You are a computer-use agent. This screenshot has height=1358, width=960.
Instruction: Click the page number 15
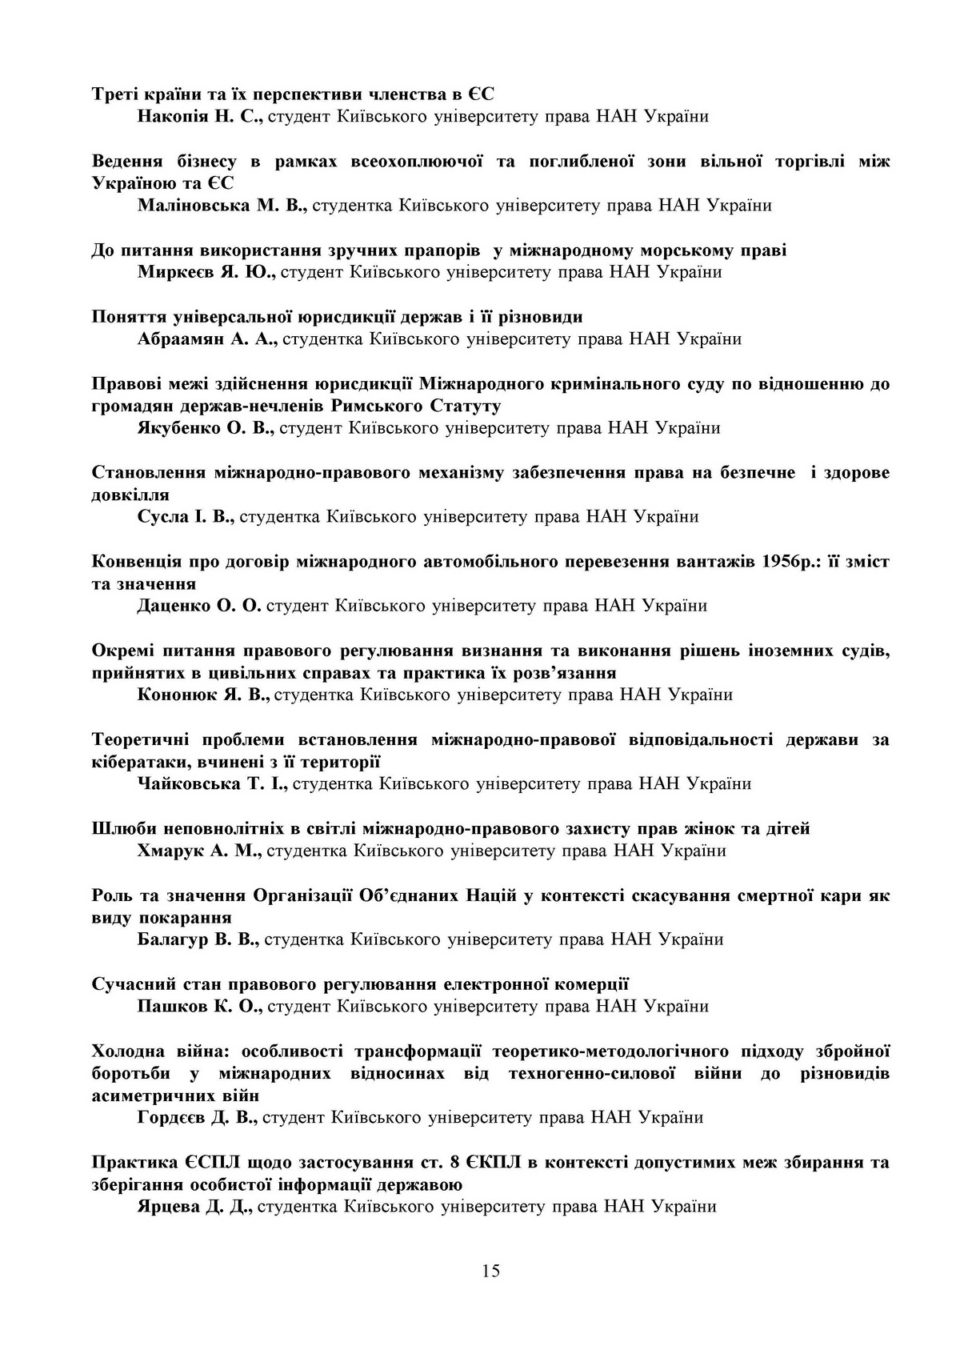491,1271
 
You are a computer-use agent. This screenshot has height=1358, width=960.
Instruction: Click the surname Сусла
161,517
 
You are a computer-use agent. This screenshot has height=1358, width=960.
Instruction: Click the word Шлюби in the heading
122,828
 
